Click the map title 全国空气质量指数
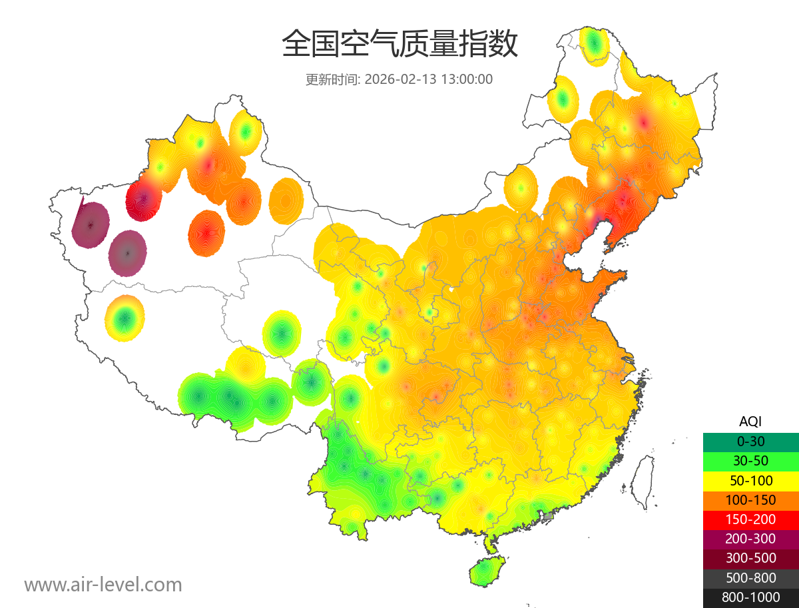400,45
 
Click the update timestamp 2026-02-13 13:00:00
429,79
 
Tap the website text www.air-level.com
103,585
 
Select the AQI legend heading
750,421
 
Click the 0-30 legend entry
750,441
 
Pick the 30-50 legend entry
750,460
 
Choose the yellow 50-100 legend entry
750,480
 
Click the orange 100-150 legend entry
750,499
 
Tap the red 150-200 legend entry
750,519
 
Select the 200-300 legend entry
750,539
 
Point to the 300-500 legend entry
750,558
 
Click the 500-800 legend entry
750,577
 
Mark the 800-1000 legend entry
750,597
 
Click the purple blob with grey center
128,253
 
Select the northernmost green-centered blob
595,45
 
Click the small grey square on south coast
549,516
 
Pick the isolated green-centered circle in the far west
125,318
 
